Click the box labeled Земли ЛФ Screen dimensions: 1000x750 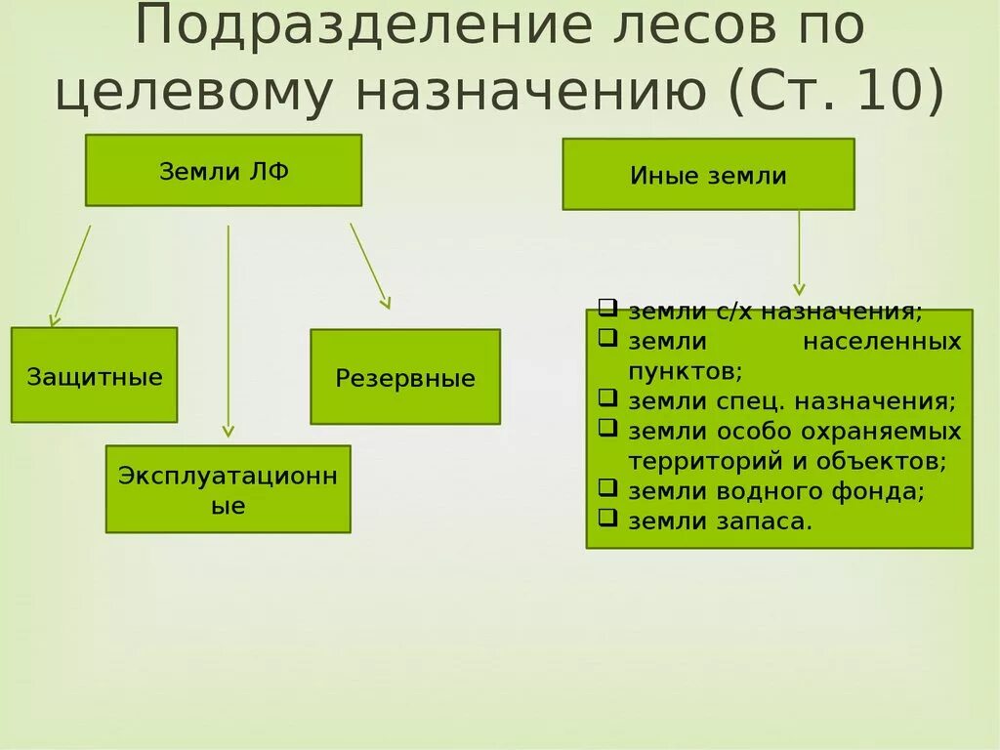click(224, 171)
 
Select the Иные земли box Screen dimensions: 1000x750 click(708, 175)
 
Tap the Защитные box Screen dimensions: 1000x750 click(95, 376)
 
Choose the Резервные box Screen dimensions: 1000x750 click(405, 377)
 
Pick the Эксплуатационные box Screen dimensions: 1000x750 click(228, 489)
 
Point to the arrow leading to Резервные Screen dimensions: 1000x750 click(370, 266)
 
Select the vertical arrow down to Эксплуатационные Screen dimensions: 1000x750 click(229, 331)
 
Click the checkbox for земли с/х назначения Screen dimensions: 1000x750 click(607, 309)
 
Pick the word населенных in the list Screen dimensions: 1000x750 click(883, 342)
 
